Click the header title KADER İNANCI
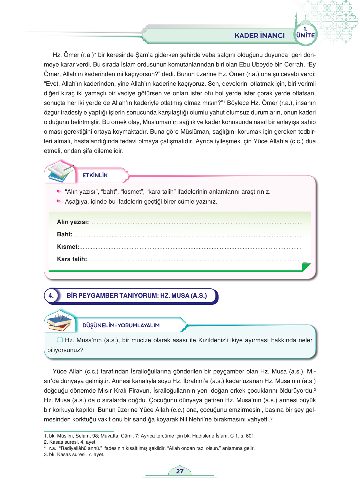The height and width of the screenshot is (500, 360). pos(259,36)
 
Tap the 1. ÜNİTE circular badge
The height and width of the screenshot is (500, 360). pos(305,33)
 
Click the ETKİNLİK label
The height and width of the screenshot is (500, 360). pos(95,175)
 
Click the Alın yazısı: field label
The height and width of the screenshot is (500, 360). pos(73,222)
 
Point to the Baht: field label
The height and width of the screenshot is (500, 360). pos(64,234)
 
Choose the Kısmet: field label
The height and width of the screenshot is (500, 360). pos(68,247)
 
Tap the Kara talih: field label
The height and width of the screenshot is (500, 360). pos(72,259)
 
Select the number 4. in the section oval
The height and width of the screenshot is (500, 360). pos(51,295)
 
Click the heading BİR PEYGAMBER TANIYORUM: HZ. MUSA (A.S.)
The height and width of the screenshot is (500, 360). pos(137,295)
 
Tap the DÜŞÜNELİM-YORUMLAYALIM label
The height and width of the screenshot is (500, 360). pos(121,325)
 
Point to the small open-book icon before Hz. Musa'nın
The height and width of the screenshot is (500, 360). pos(60,340)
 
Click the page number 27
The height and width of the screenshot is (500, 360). pos(180,471)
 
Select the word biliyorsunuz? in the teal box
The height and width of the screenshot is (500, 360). pos(65,350)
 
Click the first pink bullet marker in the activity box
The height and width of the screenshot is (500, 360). pos(59,192)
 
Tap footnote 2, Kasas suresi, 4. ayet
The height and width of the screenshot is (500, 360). pos(70,442)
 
